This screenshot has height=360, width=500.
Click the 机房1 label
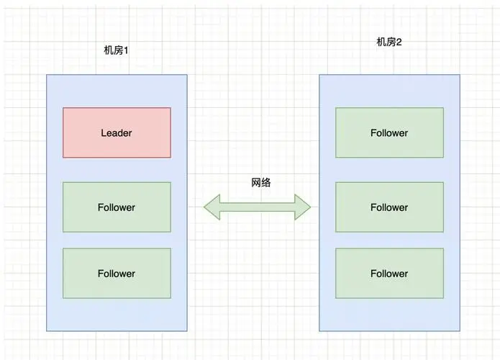coord(117,51)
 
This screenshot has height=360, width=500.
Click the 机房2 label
coord(389,42)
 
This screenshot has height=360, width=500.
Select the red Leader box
coord(117,132)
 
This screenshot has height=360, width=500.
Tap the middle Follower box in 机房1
coord(117,207)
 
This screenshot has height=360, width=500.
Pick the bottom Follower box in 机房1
coord(117,274)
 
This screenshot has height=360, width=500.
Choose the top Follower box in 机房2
coord(389,132)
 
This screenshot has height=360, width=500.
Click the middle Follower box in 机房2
coord(389,207)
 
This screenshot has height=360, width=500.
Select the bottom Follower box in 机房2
coord(389,274)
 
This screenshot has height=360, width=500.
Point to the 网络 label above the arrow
coord(261,182)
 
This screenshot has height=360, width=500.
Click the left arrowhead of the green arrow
coord(211,207)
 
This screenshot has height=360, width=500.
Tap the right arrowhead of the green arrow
coord(303,207)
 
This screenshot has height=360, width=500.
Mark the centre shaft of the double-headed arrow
coord(257,207)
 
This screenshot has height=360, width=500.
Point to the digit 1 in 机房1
coord(126,51)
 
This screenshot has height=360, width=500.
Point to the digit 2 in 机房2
coord(399,42)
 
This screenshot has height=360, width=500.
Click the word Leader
coord(117,133)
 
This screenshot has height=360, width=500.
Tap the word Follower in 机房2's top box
coord(389,133)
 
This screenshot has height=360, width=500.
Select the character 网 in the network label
coord(256,182)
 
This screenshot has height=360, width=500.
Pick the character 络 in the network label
coord(266,182)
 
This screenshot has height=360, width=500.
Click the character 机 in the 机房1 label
coord(109,51)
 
